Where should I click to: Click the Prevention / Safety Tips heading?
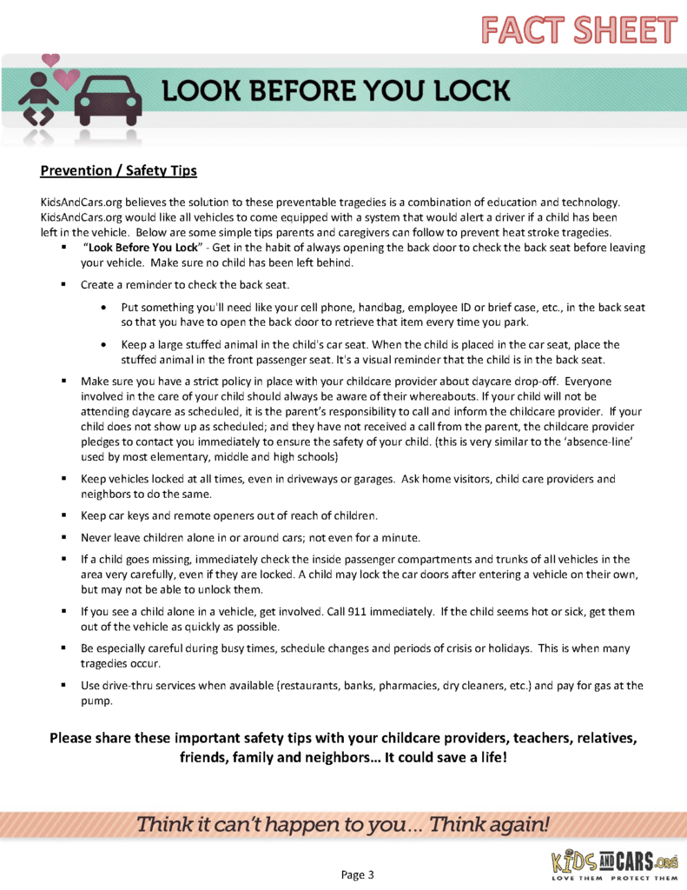click(x=119, y=170)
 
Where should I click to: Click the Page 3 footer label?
click(x=357, y=873)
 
